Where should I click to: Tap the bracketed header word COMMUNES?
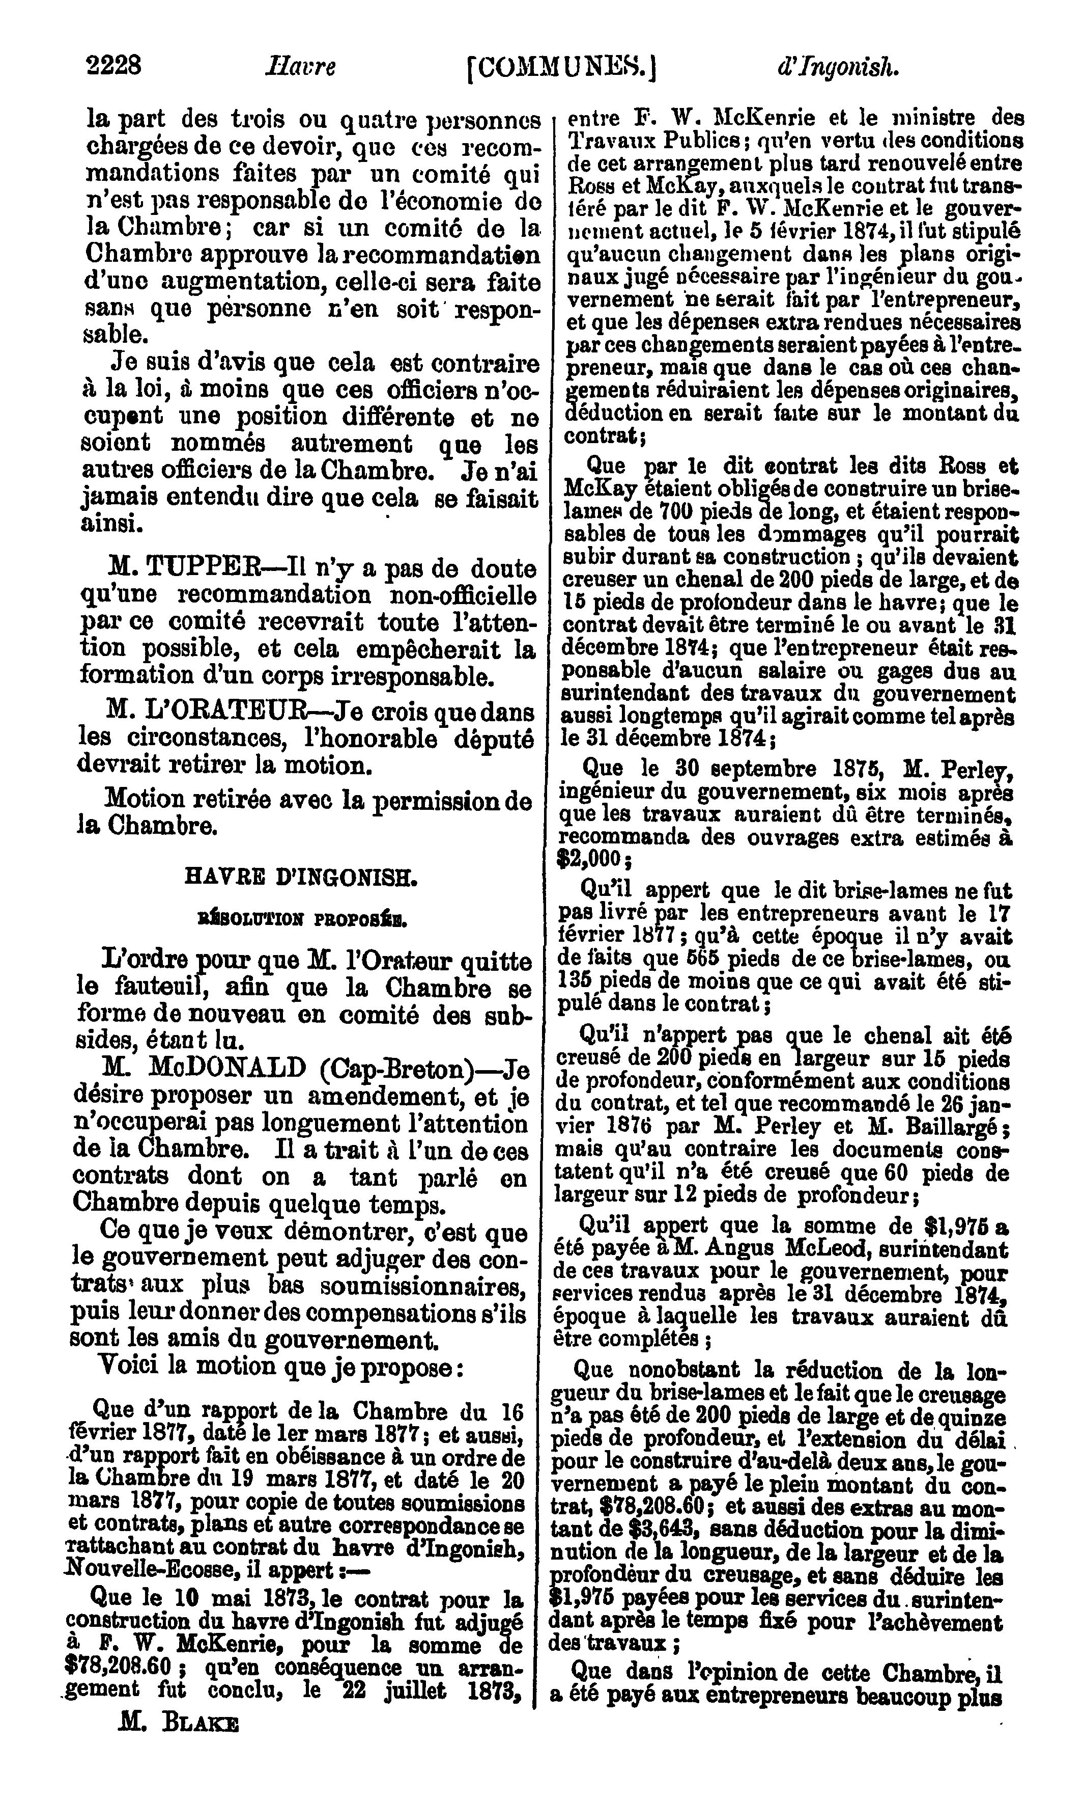(561, 68)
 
